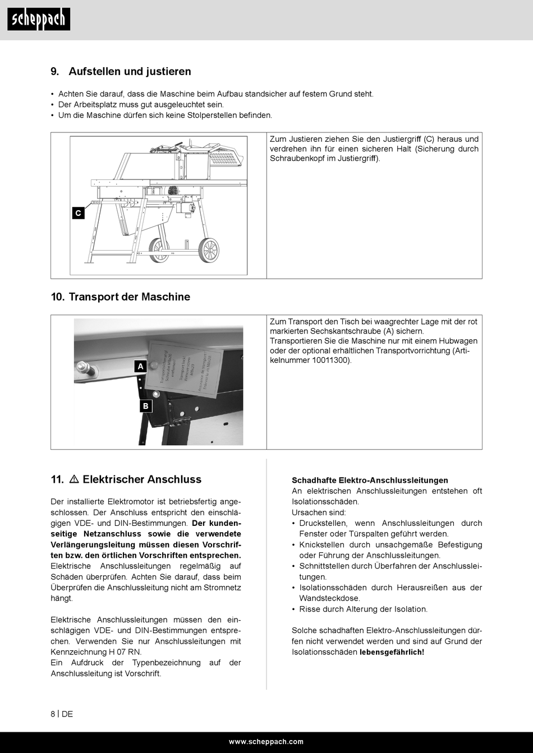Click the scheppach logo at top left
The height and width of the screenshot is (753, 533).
[x=39, y=20]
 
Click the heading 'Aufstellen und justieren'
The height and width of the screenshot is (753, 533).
[x=130, y=71]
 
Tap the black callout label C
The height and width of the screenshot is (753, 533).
[x=78, y=213]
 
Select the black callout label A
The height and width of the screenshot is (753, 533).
[x=140, y=366]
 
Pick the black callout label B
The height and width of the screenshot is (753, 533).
[x=146, y=406]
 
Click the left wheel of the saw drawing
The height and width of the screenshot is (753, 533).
[x=159, y=251]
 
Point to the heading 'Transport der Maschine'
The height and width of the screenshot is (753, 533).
[x=129, y=297]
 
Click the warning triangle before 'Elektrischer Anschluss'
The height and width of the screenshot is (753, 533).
[x=73, y=479]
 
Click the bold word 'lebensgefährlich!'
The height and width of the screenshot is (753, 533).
[x=392, y=652]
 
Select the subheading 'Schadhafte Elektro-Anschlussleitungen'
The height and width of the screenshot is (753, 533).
[x=370, y=481]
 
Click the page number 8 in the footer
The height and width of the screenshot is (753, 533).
[x=53, y=714]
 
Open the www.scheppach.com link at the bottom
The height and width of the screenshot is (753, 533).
[x=266, y=742]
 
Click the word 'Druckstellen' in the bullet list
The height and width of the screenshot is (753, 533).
[x=323, y=523]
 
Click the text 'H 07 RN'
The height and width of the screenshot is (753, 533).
[x=125, y=652]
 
